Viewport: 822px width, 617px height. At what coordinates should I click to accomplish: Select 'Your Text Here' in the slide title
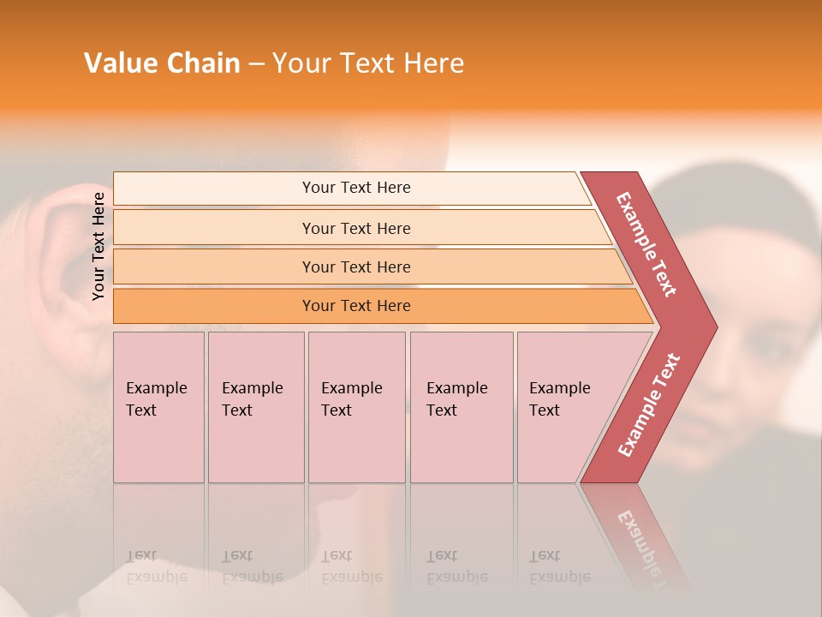point(368,63)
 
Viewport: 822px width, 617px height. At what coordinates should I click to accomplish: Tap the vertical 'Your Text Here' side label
point(98,246)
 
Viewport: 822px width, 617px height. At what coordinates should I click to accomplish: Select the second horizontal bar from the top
point(356,228)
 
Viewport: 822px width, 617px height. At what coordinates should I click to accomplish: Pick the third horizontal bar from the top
point(356,267)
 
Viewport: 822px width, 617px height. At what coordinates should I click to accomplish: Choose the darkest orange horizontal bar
point(356,306)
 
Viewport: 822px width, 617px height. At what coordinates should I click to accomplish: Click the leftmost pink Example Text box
point(158,407)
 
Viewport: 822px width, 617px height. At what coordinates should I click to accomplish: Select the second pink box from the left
point(256,407)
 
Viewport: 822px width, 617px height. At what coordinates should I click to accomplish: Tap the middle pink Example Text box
point(356,407)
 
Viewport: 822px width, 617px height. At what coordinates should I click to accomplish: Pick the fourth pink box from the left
point(462,407)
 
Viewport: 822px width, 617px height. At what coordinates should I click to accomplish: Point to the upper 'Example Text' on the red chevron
point(647,244)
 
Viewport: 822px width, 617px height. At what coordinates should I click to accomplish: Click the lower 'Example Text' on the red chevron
point(649,405)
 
